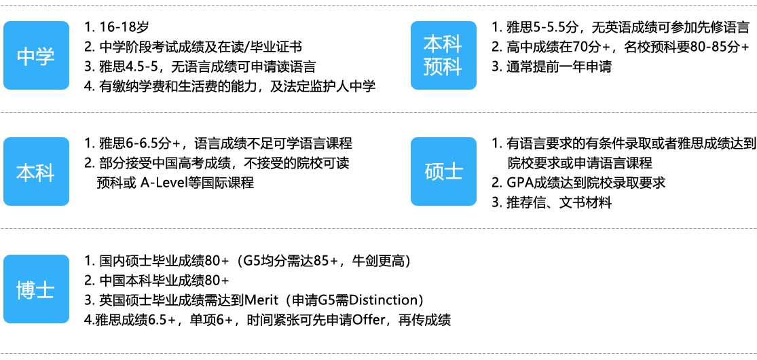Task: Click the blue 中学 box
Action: tap(36, 56)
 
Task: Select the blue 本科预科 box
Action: tap(443, 56)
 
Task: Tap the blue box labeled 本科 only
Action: tap(36, 172)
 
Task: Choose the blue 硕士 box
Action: tap(443, 172)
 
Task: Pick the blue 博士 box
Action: tap(36, 289)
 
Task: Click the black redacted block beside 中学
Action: tap(227, 56)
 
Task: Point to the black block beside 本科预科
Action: tap(624, 46)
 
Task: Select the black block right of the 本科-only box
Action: tap(217, 163)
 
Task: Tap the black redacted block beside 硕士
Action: tap(624, 173)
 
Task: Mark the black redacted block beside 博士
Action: tap(265, 290)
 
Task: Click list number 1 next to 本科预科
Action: tap(495, 28)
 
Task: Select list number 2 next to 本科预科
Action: tap(495, 47)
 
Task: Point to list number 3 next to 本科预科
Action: tap(495, 66)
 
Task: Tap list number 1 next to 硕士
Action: tap(495, 144)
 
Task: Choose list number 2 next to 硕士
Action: tap(495, 182)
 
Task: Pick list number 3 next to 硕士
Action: tap(495, 201)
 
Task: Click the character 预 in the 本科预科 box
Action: tap(433, 67)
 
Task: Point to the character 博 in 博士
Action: tap(26, 290)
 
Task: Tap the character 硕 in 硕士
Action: tap(434, 173)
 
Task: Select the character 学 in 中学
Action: tap(45, 56)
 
